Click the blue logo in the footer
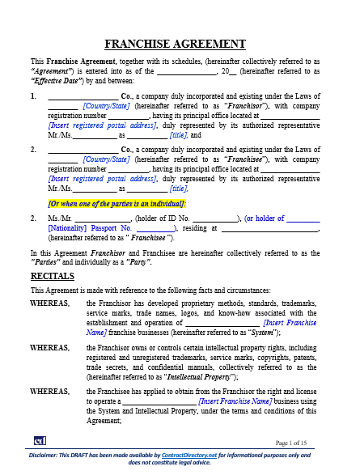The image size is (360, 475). pos(39,441)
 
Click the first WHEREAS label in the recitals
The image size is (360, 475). pos(49,303)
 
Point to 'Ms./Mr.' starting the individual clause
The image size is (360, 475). pos(61,218)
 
